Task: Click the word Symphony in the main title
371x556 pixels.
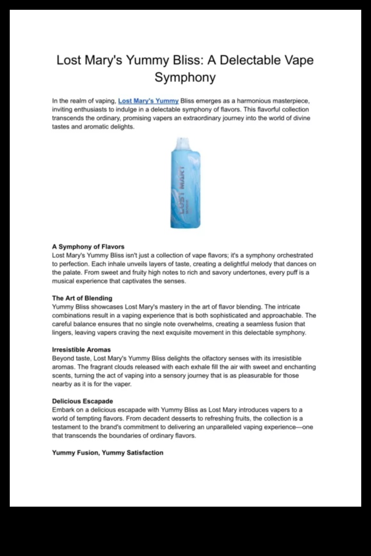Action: point(185,78)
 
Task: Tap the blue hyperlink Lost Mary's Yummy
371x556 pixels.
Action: point(148,101)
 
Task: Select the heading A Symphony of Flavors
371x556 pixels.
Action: point(88,247)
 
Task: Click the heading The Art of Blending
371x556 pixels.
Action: point(82,298)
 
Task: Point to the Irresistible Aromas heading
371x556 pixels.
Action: point(82,350)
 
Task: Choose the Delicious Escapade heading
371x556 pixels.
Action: point(82,401)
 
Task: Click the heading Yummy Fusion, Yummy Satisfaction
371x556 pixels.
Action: point(107,453)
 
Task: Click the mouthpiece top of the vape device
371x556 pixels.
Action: point(185,143)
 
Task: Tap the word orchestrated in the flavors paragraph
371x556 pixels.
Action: point(288,256)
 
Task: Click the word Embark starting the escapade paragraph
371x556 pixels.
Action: point(64,410)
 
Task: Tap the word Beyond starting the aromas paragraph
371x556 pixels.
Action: point(64,359)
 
